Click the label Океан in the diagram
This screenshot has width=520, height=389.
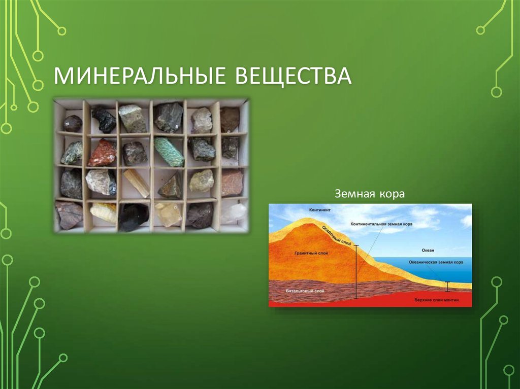[428, 250]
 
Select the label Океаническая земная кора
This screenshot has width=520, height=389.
[436, 262]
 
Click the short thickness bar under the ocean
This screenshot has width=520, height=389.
[447, 287]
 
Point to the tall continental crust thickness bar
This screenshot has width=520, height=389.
[356, 271]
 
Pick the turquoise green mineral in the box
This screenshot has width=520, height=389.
[169, 152]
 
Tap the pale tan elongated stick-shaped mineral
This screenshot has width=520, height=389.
[136, 183]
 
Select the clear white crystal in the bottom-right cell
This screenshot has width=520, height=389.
[234, 214]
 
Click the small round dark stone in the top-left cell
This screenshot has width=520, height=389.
[72, 123]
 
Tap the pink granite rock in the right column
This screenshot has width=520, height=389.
[232, 182]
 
